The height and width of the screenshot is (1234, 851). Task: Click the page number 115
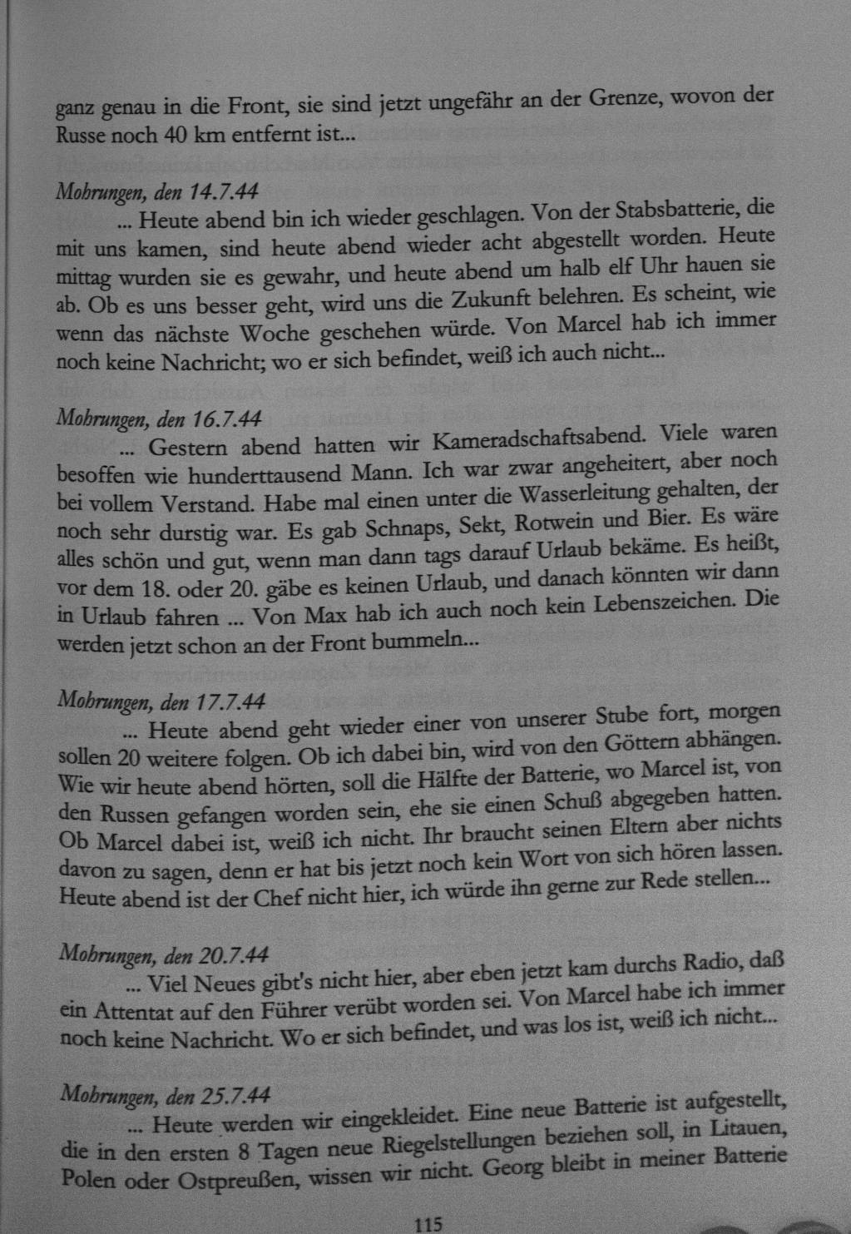(427, 1223)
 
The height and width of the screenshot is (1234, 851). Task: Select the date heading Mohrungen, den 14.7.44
(156, 192)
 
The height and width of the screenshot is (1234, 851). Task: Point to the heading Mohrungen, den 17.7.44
(161, 701)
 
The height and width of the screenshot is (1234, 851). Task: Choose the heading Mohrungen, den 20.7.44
(164, 954)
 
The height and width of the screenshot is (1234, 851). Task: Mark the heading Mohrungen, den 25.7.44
(165, 1094)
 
